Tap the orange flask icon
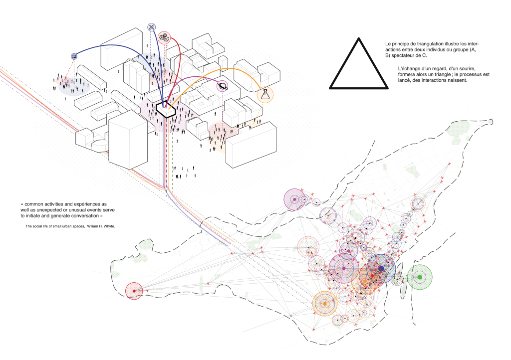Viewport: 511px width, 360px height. (x=265, y=94)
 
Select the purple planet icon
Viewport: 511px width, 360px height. (x=222, y=87)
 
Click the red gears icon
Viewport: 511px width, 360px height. (x=164, y=37)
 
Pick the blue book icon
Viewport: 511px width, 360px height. (x=74, y=57)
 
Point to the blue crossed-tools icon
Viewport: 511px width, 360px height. (x=152, y=27)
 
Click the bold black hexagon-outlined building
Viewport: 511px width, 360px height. (x=165, y=108)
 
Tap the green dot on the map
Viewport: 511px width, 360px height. (x=420, y=277)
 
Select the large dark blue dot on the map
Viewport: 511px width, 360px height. (x=381, y=268)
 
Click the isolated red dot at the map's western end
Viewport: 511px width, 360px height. (x=134, y=290)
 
